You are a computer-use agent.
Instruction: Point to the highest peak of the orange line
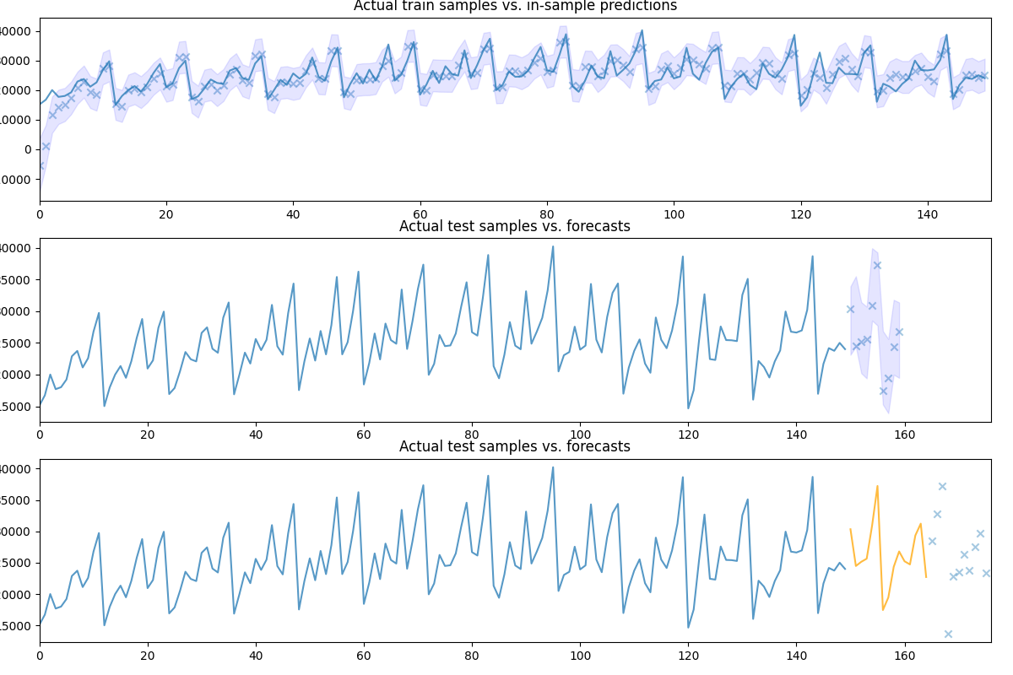(877, 486)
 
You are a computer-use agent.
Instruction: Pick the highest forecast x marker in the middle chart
(877, 265)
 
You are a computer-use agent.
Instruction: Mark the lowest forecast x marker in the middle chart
(883, 391)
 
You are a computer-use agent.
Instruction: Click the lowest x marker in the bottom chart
(948, 634)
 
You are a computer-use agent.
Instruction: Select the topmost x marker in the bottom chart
(942, 486)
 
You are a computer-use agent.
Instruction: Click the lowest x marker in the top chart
(40, 167)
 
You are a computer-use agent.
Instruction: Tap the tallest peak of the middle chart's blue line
(553, 246)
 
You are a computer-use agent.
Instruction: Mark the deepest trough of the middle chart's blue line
(688, 408)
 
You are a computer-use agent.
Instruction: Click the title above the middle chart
(514, 226)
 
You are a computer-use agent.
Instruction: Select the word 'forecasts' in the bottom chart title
(595, 446)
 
